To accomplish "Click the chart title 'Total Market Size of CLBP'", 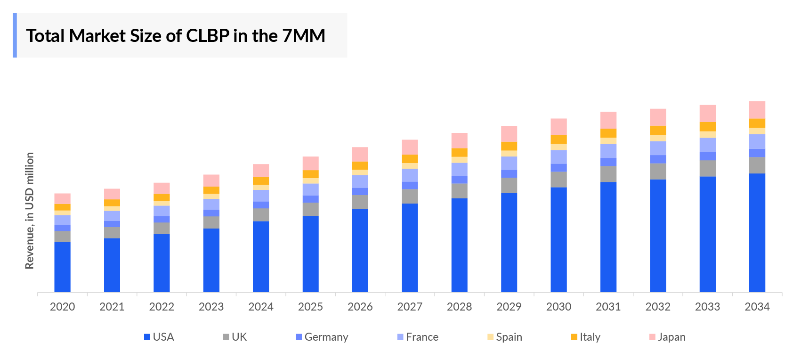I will coord(175,36).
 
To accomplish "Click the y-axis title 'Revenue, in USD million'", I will coord(30,211).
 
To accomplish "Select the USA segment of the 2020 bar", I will coord(62,267).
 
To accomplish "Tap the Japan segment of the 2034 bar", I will coord(757,110).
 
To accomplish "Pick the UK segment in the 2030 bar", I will coord(558,180).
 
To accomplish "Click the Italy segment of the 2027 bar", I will coord(410,159).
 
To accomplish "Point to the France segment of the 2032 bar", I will coord(658,148).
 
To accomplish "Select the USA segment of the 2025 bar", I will coord(310,254).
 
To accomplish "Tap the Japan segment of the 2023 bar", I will coord(211,180).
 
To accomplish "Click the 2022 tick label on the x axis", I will coord(162,307).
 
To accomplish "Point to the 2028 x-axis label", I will coord(459,307).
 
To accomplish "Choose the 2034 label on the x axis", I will coord(757,307).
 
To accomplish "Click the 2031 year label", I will coord(608,307).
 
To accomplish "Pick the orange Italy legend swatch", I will coord(574,337).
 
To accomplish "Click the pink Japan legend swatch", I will coord(652,337).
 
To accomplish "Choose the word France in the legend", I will coord(422,337).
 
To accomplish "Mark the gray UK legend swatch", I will coord(226,337).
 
